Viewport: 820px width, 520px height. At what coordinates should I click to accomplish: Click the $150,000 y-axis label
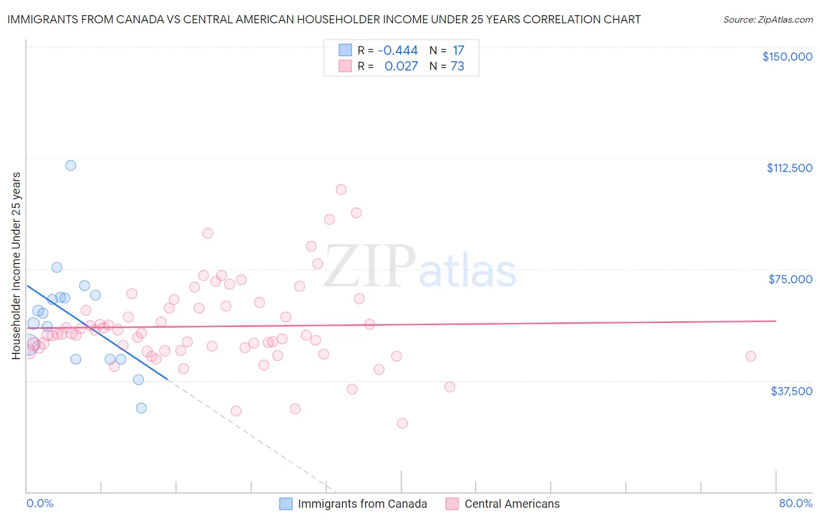point(787,57)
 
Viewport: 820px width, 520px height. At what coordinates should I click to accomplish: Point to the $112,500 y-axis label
point(789,168)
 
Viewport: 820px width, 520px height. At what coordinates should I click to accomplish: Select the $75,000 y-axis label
point(790,279)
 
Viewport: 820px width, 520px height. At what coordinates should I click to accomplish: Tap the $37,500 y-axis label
point(791,391)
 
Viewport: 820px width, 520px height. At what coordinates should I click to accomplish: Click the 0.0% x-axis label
point(40,503)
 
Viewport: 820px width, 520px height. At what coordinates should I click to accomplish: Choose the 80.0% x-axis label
point(796,503)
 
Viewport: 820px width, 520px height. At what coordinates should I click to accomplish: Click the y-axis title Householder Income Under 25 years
point(16,265)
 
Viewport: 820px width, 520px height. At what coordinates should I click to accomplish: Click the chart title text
point(324,19)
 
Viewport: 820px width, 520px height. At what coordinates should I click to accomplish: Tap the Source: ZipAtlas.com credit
point(768,19)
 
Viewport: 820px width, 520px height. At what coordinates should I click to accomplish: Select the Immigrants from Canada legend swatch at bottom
point(286,504)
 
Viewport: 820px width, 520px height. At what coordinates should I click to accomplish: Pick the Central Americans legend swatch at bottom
point(452,504)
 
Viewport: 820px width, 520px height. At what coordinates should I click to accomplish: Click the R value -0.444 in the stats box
point(398,50)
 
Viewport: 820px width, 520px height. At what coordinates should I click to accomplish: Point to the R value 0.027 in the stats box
point(401,66)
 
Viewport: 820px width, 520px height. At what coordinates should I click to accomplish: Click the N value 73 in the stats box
point(457,66)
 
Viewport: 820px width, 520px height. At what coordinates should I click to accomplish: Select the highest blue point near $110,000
point(71,165)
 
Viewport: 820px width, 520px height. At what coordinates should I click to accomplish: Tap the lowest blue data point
point(141,408)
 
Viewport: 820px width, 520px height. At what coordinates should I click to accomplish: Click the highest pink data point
point(341,189)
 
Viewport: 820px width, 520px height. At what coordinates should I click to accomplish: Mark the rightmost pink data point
point(751,356)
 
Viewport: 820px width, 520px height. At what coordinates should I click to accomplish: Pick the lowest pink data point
point(402,423)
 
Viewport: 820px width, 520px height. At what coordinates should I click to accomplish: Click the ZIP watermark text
point(370,266)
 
